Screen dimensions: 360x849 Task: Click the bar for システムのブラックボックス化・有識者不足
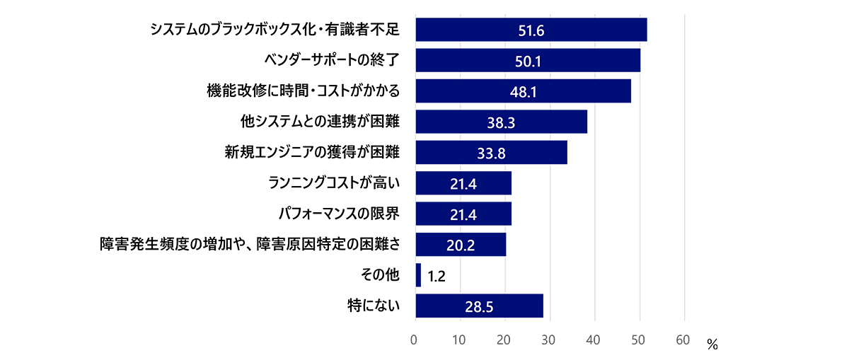coord(531,30)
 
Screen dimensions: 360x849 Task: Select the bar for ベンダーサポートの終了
coord(528,60)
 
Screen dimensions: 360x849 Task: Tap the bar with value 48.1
coord(523,91)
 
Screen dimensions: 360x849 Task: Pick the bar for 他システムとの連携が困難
coord(501,122)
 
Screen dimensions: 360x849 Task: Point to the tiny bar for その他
coord(418,275)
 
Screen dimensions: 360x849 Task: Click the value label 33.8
coord(491,153)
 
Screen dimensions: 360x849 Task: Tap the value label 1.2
coord(436,276)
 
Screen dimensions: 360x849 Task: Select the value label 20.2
coord(461,245)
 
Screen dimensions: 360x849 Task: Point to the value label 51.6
coord(531,30)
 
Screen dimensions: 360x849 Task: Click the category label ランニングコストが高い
coord(334,183)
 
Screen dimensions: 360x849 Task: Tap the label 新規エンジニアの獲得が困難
coord(312,152)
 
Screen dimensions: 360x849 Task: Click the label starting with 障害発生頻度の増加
coord(250,245)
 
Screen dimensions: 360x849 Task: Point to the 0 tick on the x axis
coord(415,340)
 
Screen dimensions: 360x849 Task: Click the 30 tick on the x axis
coord(550,340)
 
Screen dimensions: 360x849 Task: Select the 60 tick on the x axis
coord(683,340)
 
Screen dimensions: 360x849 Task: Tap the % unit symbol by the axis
coord(712,345)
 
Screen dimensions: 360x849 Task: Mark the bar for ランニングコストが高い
coord(463,183)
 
